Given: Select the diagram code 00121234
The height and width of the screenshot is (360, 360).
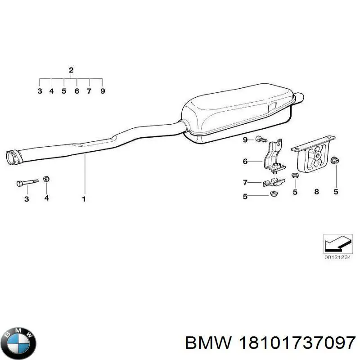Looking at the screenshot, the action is pyautogui.click(x=337, y=257).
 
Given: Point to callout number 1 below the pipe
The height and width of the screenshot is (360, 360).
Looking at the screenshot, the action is pyautogui.click(x=84, y=199).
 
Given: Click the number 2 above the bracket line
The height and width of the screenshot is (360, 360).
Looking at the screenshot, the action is pyautogui.click(x=71, y=70).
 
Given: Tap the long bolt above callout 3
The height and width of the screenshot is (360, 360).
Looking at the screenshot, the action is pyautogui.click(x=27, y=183).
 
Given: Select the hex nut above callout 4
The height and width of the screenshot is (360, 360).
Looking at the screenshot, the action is pyautogui.click(x=46, y=179).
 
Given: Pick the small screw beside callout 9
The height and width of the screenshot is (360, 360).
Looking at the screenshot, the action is pyautogui.click(x=261, y=139).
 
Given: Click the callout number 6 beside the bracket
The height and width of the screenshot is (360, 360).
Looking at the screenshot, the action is pyautogui.click(x=245, y=162).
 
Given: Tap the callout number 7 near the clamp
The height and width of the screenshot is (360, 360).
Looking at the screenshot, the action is pyautogui.click(x=245, y=182).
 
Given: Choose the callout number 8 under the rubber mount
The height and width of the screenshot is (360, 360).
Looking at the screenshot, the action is pyautogui.click(x=316, y=191).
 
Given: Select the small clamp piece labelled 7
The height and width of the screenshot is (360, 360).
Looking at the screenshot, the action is pyautogui.click(x=274, y=182).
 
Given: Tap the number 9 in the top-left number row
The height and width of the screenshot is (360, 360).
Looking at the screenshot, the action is pyautogui.click(x=103, y=91).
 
